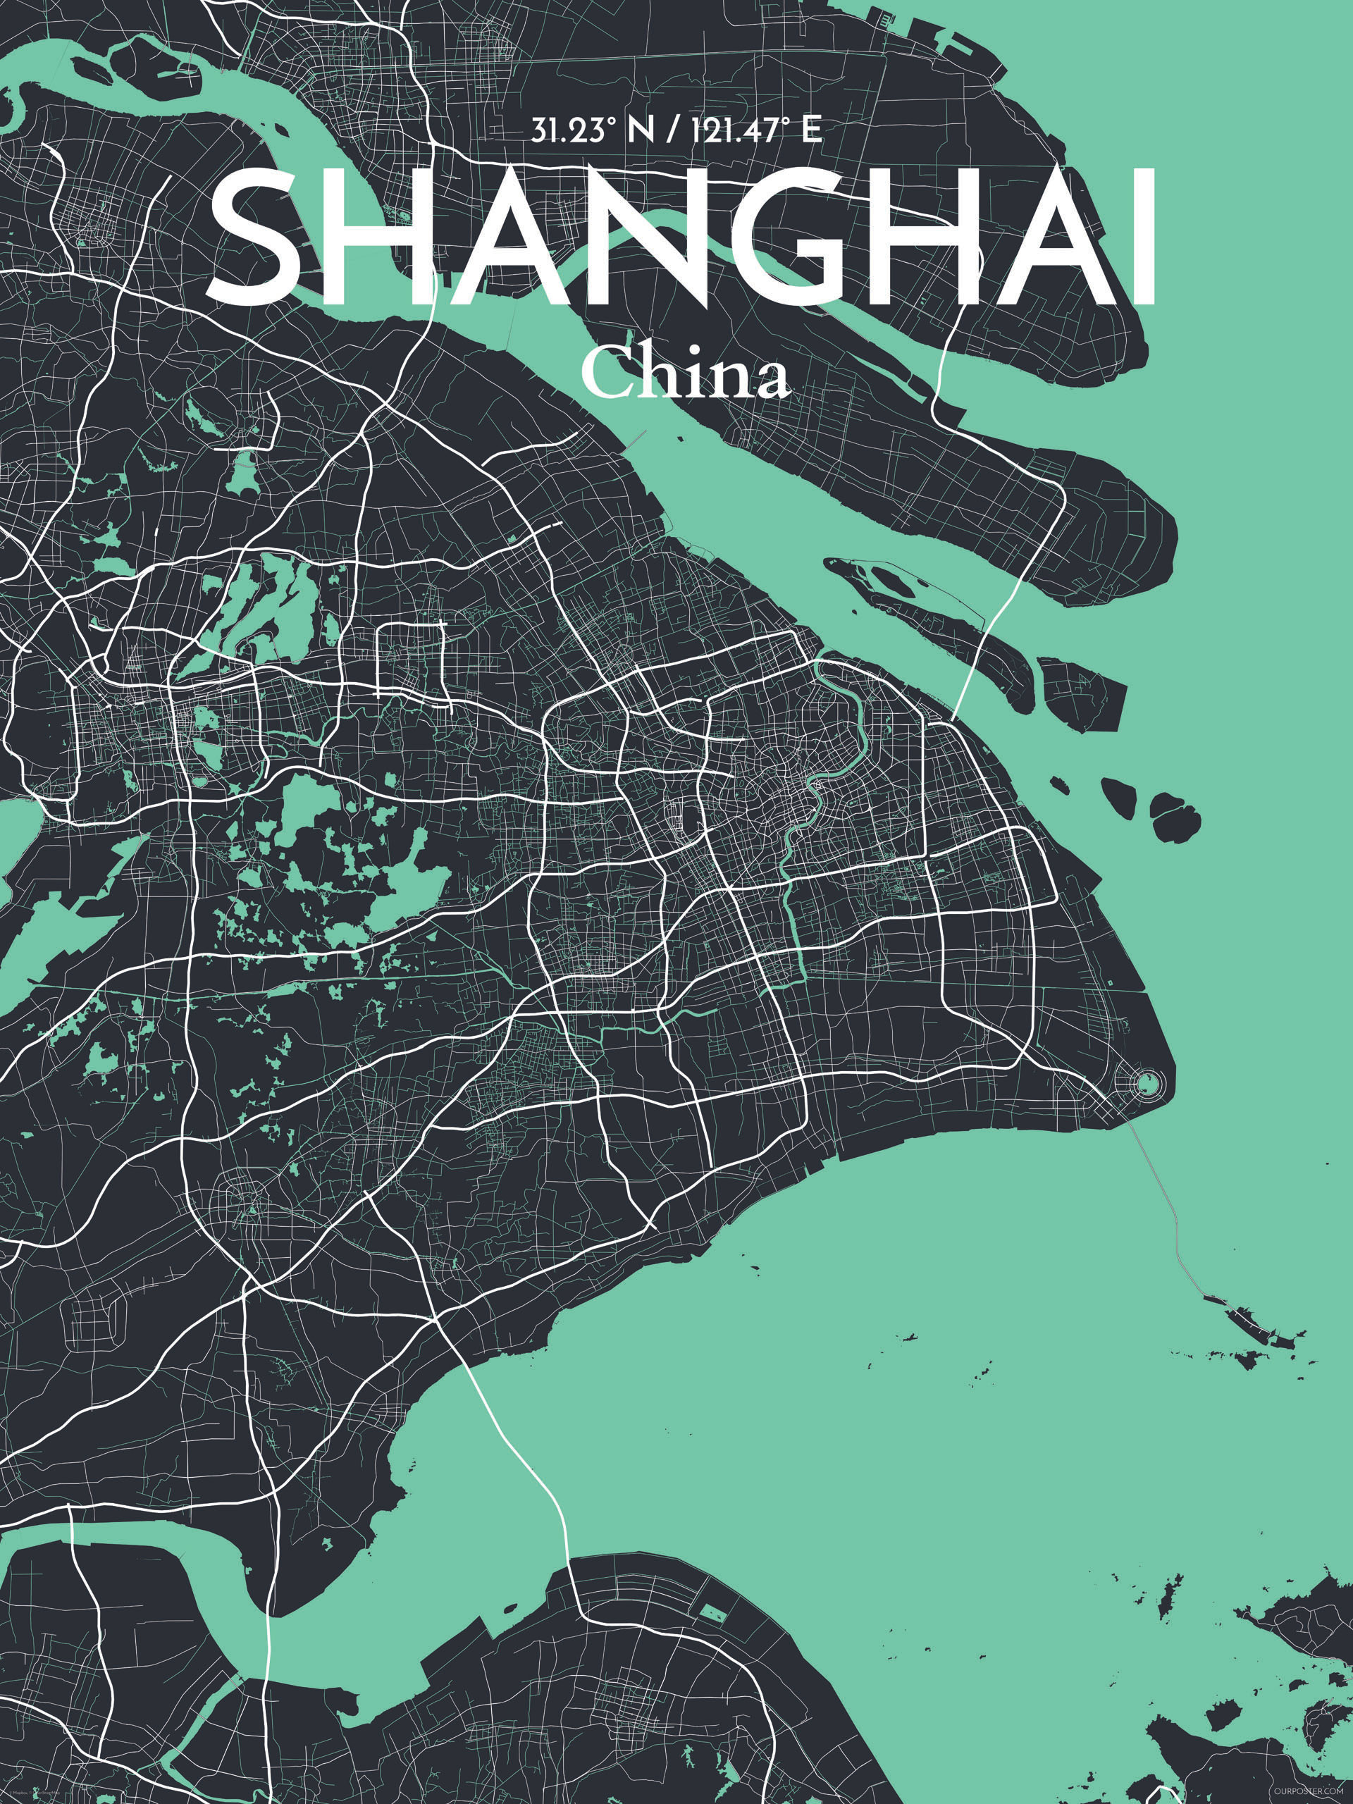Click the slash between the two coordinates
coord(670,130)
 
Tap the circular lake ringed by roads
coord(1149,1083)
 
